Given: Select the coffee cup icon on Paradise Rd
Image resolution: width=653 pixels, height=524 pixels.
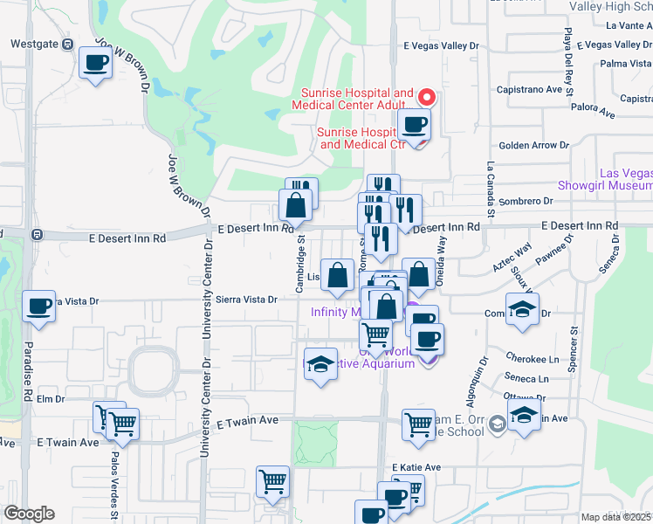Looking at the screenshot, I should (x=39, y=307).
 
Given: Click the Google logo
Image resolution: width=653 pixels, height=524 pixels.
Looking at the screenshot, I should (x=29, y=514).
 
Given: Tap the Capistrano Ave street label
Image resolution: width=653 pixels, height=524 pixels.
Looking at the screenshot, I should (x=529, y=89).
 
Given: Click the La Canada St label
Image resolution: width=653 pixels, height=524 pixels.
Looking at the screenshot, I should (x=491, y=190).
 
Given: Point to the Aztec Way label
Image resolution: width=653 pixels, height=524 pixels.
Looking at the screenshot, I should (x=513, y=259).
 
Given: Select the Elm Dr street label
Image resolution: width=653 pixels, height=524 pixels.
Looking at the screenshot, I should (x=51, y=399).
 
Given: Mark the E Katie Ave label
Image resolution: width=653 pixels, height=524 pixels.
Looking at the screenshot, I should (x=416, y=467).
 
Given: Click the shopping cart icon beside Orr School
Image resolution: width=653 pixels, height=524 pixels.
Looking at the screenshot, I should (x=419, y=424).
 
